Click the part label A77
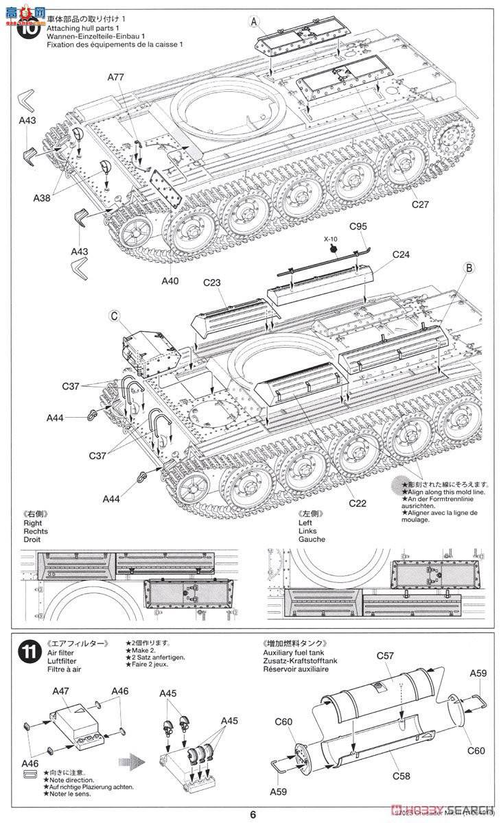pos(115,77)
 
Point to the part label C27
pos(420,204)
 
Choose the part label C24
pos(402,254)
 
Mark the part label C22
pos(357,503)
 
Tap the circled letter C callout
pos(115,316)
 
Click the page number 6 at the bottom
pos(253,814)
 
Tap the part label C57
pos(385,656)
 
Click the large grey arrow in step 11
pos(131,741)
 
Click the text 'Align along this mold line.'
pos(446,492)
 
